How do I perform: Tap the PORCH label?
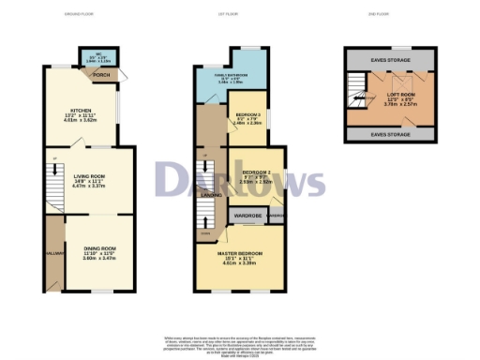tap(102, 75)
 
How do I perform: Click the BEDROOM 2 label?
tap(256, 173)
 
